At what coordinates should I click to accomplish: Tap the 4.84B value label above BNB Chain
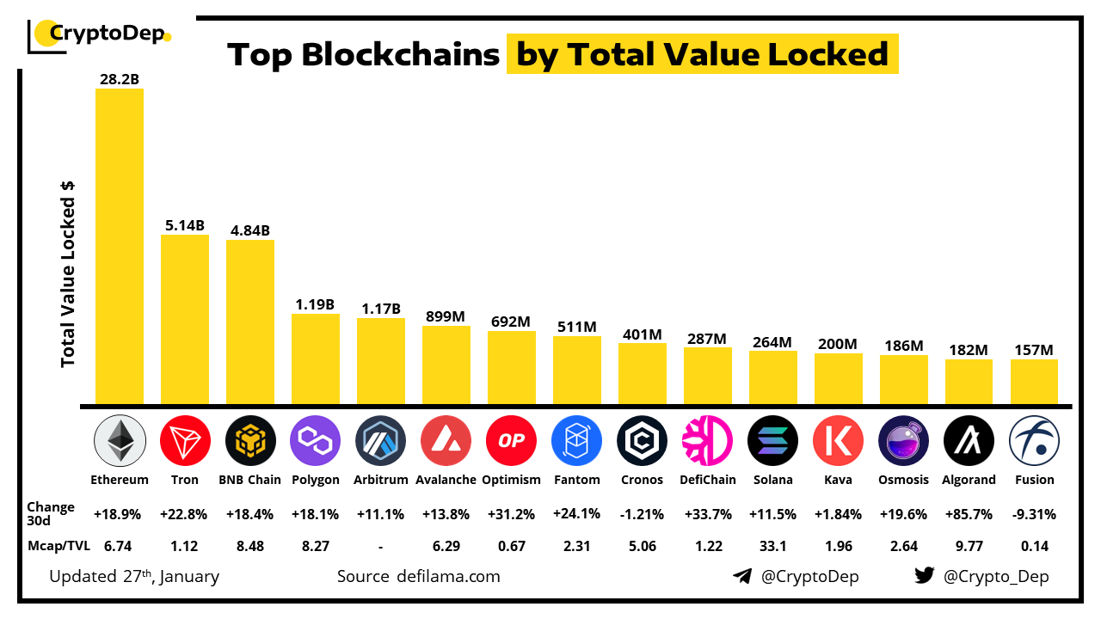(x=250, y=230)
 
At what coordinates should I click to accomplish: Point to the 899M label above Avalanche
(x=446, y=316)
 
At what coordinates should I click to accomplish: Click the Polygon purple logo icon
(x=316, y=440)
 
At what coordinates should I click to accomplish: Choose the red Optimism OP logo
(x=511, y=440)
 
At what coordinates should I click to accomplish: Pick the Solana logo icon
(x=772, y=440)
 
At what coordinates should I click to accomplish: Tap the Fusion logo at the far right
(x=1033, y=440)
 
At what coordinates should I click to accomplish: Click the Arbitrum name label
(x=380, y=480)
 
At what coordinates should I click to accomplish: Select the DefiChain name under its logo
(x=707, y=480)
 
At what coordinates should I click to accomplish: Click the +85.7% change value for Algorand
(x=969, y=514)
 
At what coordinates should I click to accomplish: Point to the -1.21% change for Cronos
(x=642, y=514)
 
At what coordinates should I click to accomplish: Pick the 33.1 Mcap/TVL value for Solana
(x=772, y=544)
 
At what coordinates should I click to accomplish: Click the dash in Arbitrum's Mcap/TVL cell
(x=380, y=544)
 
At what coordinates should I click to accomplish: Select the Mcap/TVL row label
(x=57, y=544)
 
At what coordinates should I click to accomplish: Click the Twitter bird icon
(x=924, y=576)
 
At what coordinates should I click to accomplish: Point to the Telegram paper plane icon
(x=742, y=576)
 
